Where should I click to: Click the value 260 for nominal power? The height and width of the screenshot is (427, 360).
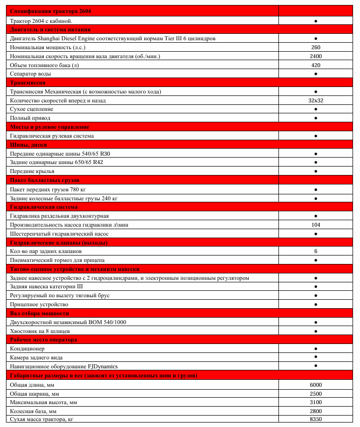coord(316,47)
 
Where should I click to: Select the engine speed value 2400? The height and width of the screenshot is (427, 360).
coord(316,56)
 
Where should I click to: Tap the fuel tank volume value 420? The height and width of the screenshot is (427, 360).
coord(316,65)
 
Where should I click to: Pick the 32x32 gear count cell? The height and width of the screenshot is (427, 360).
coord(316,100)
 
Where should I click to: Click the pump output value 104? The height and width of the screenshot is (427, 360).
coord(316,225)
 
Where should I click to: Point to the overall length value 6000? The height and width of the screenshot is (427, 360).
coord(316,385)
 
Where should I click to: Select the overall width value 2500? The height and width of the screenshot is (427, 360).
coord(316,394)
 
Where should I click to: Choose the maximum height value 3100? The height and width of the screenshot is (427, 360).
coord(316,402)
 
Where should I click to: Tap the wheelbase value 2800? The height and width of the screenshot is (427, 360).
coord(316,411)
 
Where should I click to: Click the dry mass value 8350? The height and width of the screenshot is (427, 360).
coord(316,420)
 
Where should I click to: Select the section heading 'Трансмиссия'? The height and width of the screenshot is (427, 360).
coord(28,83)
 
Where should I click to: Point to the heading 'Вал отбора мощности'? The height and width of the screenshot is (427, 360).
coord(39,313)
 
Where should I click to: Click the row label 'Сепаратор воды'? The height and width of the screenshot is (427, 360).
coord(30,74)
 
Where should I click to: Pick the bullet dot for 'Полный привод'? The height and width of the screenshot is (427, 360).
coord(316,118)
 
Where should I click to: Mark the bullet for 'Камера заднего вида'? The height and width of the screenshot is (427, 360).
coord(316,357)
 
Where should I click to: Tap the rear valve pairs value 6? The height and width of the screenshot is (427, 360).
coord(316,251)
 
